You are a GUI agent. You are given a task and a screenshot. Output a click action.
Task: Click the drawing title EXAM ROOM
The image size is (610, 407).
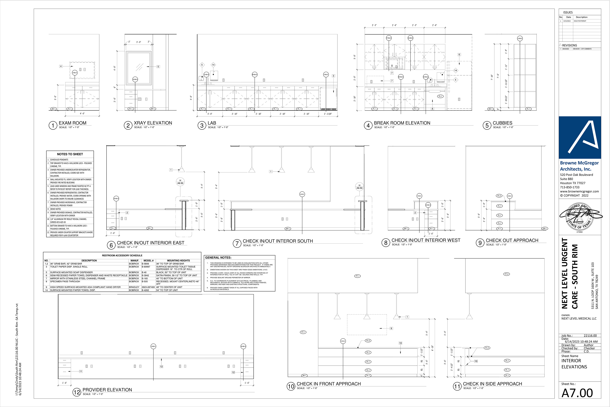coord(72,123)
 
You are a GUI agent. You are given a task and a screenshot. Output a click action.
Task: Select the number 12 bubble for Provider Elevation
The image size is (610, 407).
coord(77,392)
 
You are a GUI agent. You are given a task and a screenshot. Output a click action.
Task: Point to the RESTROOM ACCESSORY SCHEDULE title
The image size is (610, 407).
coord(122,255)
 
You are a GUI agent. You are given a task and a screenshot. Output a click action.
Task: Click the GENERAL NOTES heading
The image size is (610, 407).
coord(218,258)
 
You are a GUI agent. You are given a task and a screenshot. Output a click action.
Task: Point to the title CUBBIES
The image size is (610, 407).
coord(502,123)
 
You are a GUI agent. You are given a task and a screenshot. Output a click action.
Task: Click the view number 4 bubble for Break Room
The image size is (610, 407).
coord(368,126)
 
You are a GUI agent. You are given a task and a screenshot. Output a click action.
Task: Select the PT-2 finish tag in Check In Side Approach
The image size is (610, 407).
coord(506,274)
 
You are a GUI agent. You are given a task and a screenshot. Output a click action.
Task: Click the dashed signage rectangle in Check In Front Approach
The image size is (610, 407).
coord(367,324)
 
